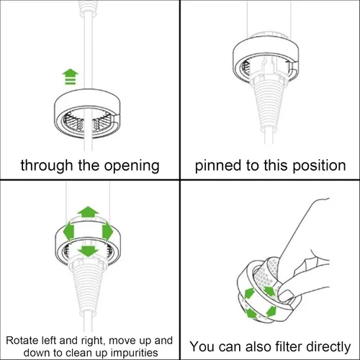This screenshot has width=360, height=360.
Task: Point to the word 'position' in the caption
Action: pos(317,165)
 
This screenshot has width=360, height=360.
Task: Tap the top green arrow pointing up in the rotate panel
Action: pos(88,212)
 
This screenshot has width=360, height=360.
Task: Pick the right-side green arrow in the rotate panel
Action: pos(109,232)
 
